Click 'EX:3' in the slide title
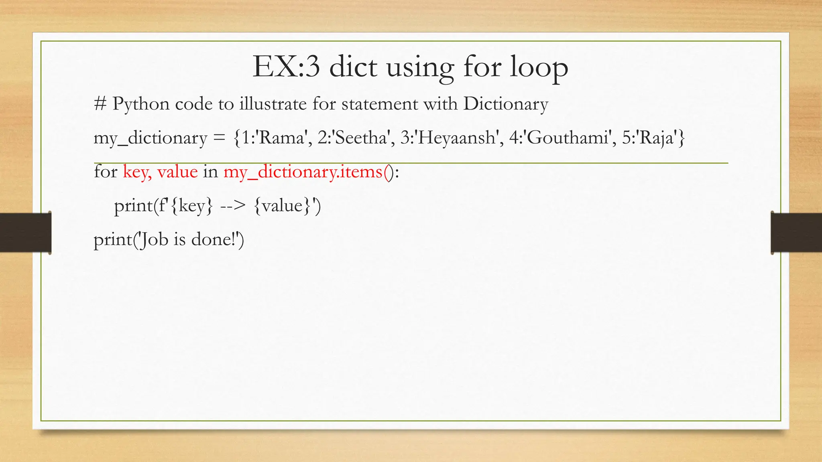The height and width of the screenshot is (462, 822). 286,67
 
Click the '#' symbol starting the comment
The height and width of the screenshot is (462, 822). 100,104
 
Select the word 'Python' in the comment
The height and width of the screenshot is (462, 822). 140,104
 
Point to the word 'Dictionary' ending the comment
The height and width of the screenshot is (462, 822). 505,104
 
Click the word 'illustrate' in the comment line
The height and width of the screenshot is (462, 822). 273,104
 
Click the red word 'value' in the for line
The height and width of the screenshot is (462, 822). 177,172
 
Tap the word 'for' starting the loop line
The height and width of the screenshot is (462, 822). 105,172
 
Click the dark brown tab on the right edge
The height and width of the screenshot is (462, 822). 796,233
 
